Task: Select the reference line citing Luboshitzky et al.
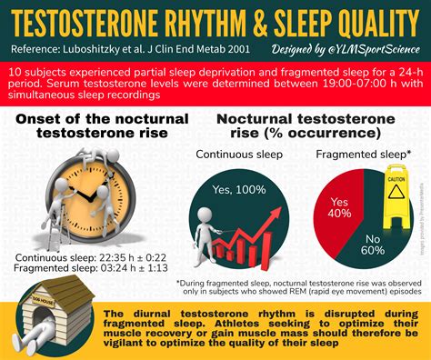click(123, 46)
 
